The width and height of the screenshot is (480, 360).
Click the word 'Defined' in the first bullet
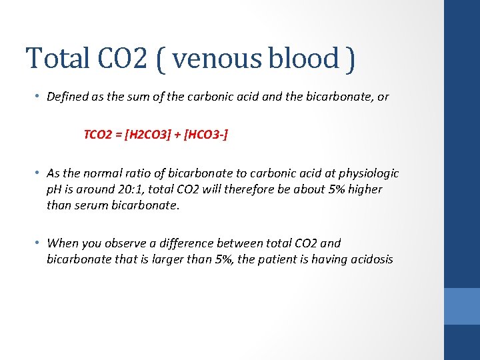pyautogui.click(x=68, y=97)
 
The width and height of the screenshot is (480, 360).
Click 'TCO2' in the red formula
pyautogui.click(x=99, y=135)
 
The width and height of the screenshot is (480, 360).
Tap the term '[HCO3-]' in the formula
pyautogui.click(x=206, y=135)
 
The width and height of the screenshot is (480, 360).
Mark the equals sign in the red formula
pyautogui.click(x=119, y=135)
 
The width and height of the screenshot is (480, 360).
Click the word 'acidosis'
pyautogui.click(x=369, y=259)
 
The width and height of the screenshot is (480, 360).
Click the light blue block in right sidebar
pyautogui.click(x=461, y=306)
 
